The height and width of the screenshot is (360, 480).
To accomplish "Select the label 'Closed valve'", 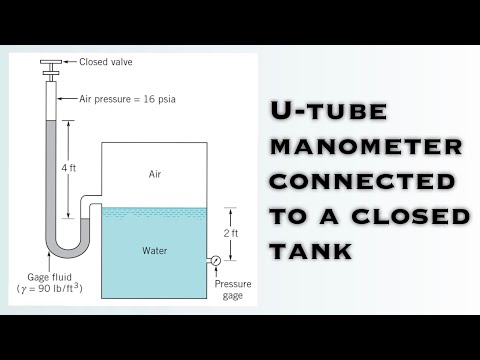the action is (106, 62).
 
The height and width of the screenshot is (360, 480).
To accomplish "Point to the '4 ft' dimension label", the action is (68, 168).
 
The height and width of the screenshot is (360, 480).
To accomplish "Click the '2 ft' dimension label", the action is (230, 233).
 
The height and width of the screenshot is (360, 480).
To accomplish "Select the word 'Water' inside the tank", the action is (155, 250).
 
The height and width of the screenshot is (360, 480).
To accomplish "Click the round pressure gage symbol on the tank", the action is (215, 261).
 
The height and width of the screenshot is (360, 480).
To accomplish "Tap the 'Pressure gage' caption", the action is (233, 289).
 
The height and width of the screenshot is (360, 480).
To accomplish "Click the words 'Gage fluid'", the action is (46, 277).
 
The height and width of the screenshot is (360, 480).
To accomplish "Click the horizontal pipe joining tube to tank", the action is (93, 203).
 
